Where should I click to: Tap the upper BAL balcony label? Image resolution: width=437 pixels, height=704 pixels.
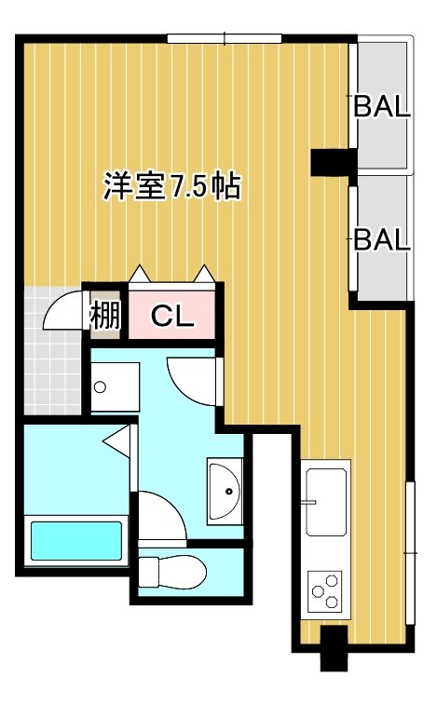click(x=381, y=106)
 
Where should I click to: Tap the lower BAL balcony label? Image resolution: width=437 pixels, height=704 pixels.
click(x=381, y=240)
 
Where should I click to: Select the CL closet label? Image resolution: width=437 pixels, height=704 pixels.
click(x=172, y=317)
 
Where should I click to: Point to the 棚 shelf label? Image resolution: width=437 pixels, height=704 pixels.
click(x=105, y=317)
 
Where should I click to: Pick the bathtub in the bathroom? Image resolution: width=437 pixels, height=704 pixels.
click(x=76, y=540)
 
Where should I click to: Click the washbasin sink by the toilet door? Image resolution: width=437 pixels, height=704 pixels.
click(x=225, y=490)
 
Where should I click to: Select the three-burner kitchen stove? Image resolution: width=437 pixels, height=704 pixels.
click(x=326, y=589)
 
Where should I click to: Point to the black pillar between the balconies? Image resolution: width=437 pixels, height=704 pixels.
click(x=332, y=162)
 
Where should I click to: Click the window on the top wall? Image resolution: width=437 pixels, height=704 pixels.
click(x=225, y=38)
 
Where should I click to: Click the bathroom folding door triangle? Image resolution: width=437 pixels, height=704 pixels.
click(x=118, y=440)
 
